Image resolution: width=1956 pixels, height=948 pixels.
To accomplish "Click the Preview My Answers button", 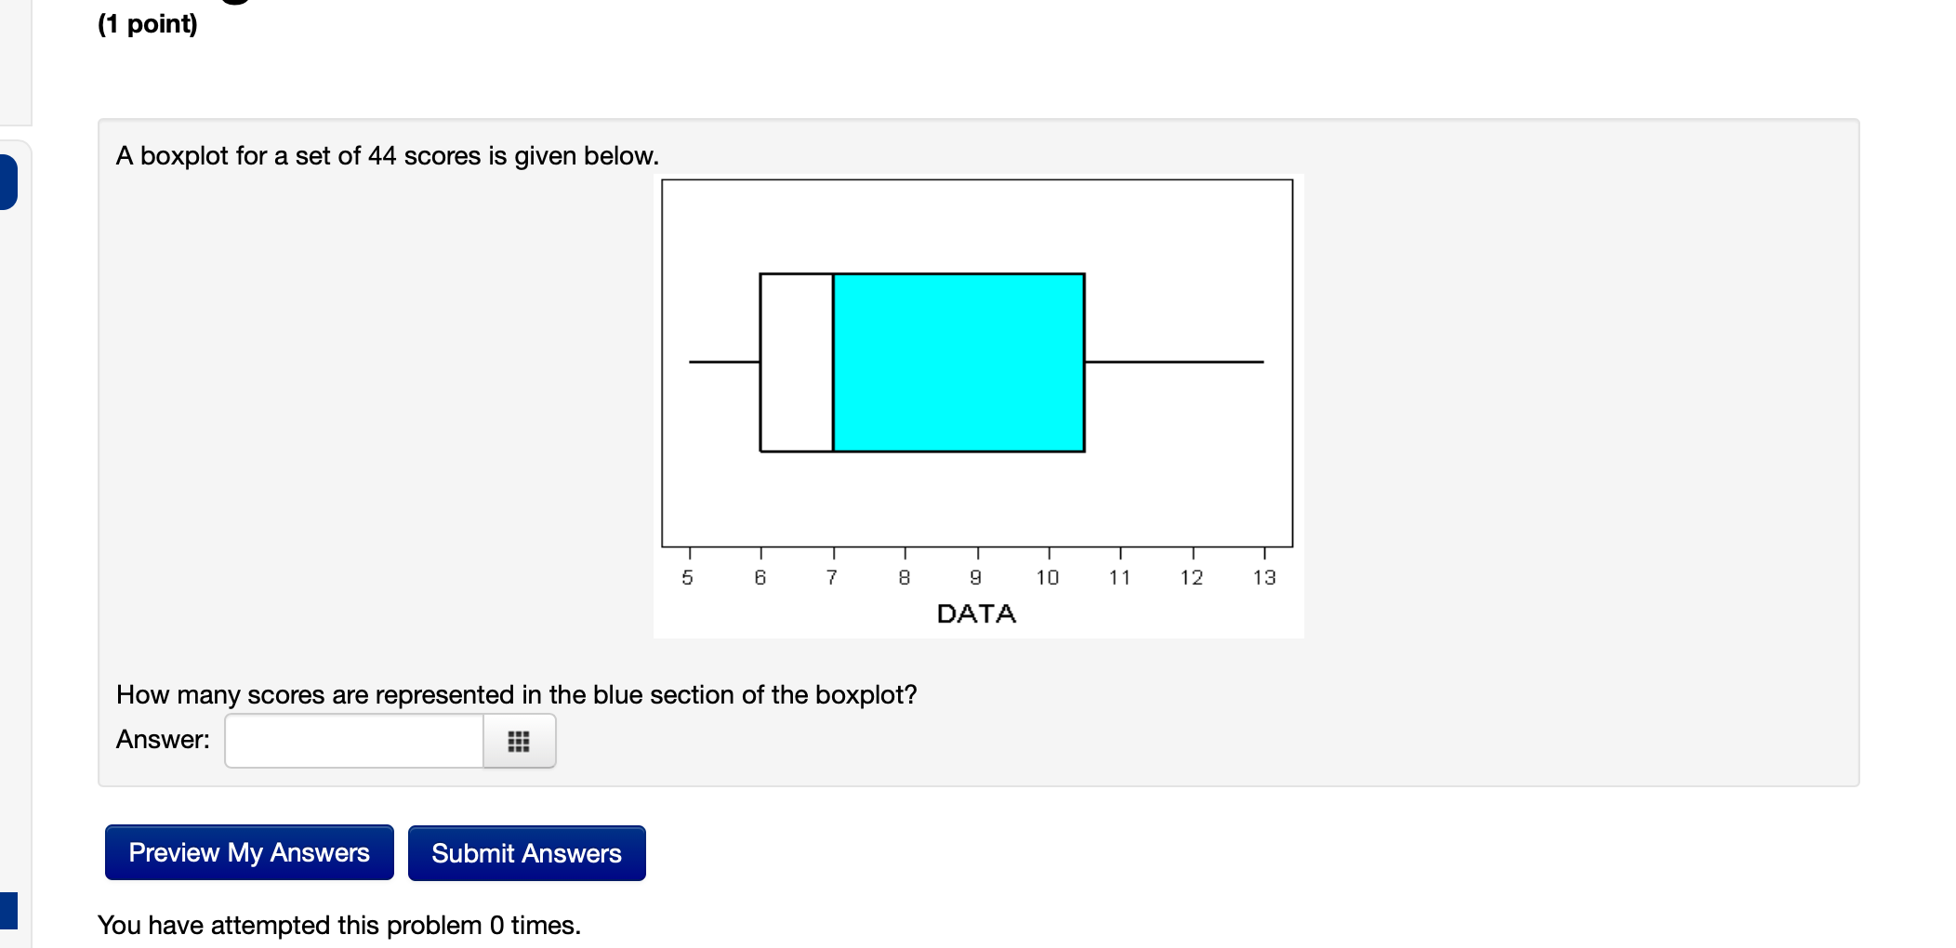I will tap(249, 852).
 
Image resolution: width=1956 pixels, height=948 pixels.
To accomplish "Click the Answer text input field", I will tap(354, 741).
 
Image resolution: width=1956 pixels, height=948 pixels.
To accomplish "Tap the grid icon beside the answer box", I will tap(519, 741).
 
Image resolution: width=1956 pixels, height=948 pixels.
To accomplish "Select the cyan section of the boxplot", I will tap(958, 362).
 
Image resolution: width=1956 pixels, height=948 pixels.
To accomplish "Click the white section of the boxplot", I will tap(797, 362).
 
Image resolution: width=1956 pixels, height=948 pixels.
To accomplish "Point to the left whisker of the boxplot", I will tap(724, 362).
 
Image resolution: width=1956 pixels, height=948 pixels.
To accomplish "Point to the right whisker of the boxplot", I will tap(1174, 362).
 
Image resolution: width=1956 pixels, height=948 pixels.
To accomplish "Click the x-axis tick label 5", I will tap(688, 578).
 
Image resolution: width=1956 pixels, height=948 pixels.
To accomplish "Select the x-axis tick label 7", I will tap(832, 578).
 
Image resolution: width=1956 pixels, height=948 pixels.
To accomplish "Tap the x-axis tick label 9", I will tap(976, 578).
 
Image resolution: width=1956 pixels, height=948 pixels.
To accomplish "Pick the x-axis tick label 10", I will tap(1048, 578).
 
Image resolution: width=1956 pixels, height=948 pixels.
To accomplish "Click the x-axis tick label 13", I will tap(1264, 578).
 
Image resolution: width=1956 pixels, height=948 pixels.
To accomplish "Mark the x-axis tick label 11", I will tap(1120, 578).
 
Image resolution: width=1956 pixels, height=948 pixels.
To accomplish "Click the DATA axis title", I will tap(976, 613).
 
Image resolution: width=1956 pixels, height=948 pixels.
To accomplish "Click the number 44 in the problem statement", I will tap(382, 156).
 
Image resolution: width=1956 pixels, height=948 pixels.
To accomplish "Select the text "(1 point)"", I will tap(148, 23).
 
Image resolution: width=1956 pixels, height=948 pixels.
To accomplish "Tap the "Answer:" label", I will tap(163, 740).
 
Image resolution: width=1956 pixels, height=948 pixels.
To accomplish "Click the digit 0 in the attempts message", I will tap(497, 926).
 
